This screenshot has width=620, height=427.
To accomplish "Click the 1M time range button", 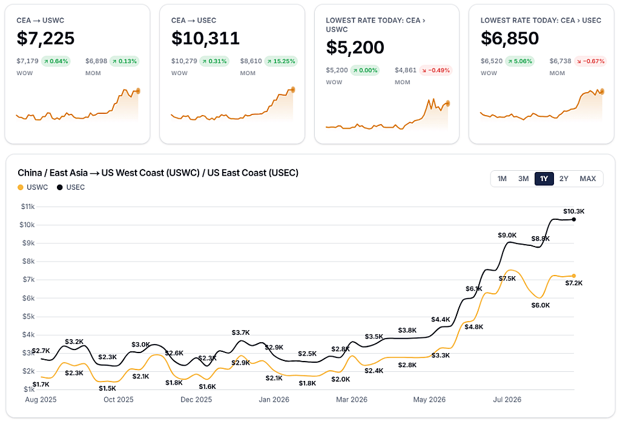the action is coord(502,179).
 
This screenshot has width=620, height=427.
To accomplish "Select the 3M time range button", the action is coord(523,179).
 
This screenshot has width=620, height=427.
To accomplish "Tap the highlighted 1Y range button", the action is coord(544,179).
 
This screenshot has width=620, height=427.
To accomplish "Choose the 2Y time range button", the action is coord(564,179).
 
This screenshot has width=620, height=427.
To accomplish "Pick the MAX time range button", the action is coord(587,179).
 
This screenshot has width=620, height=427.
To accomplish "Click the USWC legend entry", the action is coord(33,187).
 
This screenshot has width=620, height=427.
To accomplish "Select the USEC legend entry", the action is coord(71,187).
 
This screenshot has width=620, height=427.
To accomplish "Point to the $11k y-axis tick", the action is coord(28,207).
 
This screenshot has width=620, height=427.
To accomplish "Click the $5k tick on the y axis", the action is coord(28,316).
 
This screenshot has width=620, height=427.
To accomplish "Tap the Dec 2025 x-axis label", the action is coord(196,400).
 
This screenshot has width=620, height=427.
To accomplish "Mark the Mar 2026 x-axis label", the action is coord(352,400).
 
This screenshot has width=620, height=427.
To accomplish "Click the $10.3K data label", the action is coord(574,211).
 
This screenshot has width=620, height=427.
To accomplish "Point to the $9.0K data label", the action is coord(507,235).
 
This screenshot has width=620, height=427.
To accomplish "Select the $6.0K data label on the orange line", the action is coord(541,305).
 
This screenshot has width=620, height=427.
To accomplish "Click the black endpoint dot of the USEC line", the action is coord(574,219).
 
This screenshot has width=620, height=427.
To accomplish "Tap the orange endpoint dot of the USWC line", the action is coord(574,276).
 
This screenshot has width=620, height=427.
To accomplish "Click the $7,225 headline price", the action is coord(45,38).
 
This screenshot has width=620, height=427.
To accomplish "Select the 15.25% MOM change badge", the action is coord(281,61).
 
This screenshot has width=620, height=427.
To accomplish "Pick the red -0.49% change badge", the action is coord(436,70).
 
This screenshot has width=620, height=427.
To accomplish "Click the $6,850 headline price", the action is coord(510,38).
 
